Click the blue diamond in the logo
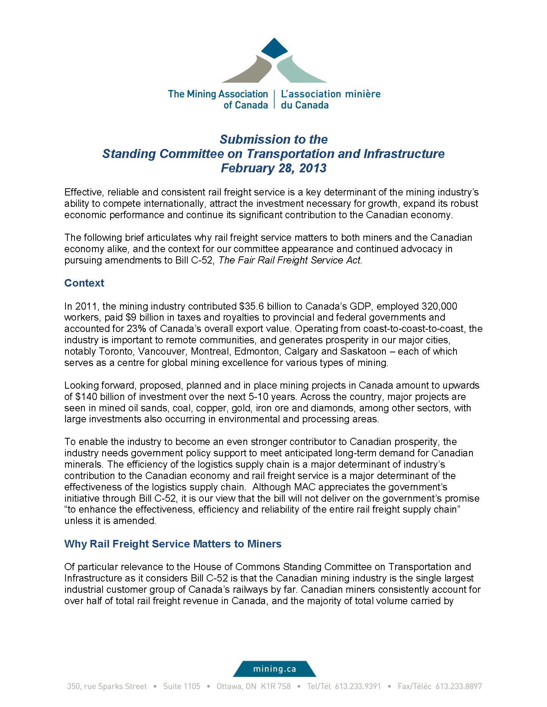pyautogui.click(x=274, y=48)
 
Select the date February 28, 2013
pyautogui.click(x=273, y=168)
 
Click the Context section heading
pyautogui.click(x=84, y=283)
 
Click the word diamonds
pyautogui.click(x=332, y=408)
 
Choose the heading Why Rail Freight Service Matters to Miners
pyautogui.click(x=173, y=544)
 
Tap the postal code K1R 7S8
pyautogui.click(x=276, y=686)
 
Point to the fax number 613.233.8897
pyautogui.click(x=458, y=686)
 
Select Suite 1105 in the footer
pyautogui.click(x=181, y=686)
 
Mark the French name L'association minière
pyautogui.click(x=330, y=94)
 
